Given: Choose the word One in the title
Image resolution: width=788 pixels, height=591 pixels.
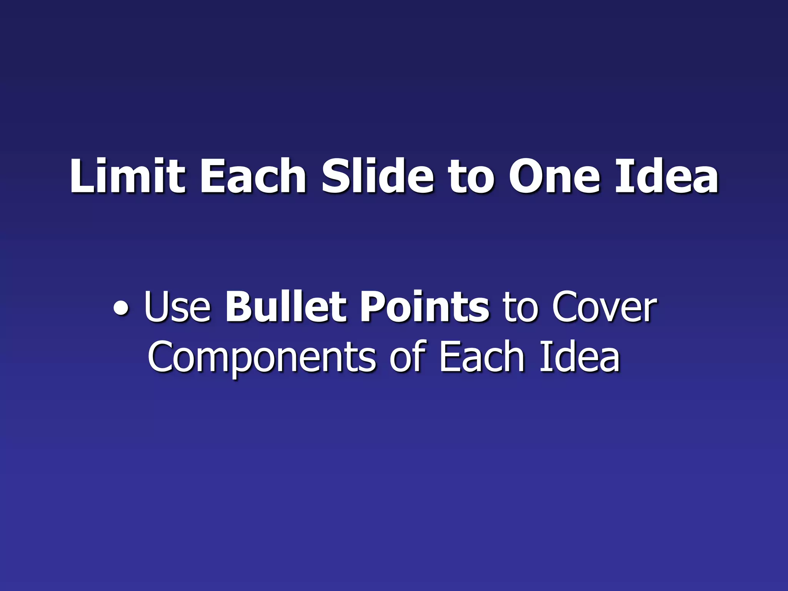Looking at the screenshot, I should click(x=554, y=177).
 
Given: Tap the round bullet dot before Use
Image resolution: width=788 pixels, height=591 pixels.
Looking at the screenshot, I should click(x=121, y=310).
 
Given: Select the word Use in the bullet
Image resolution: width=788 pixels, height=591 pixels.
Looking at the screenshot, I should click(x=177, y=308).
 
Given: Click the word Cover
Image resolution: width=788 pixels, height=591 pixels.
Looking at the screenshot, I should click(x=604, y=308).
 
